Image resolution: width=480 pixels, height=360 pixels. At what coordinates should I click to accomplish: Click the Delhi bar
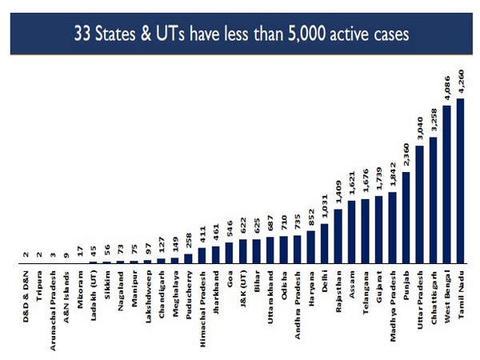pos(324,243)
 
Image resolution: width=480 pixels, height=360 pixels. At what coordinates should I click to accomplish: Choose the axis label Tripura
pos(39,287)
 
